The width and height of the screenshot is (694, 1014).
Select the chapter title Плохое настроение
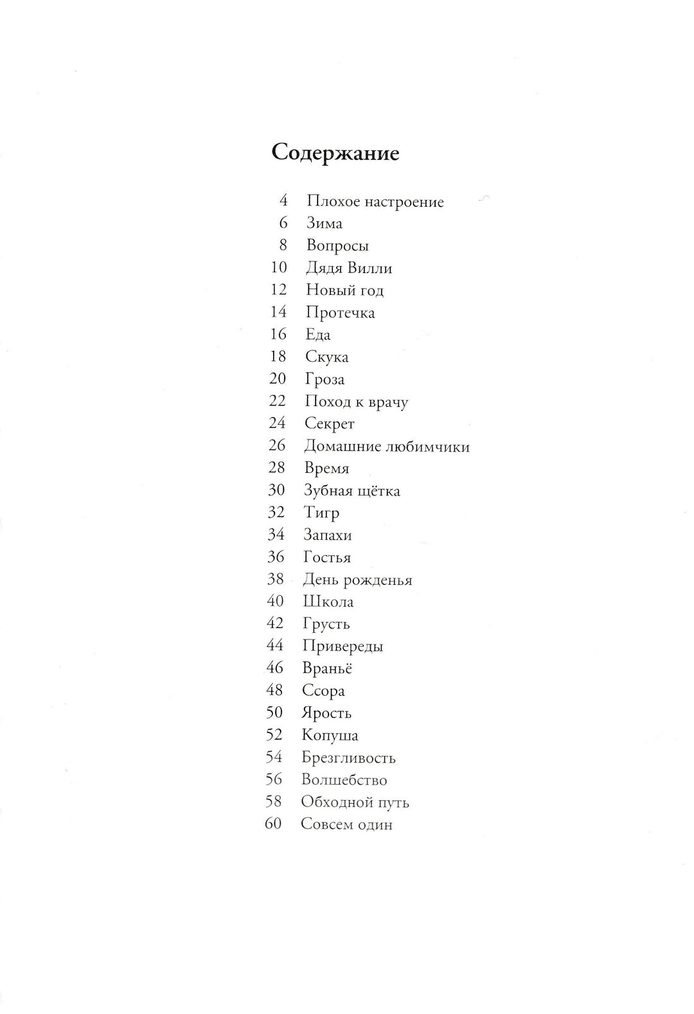click(x=375, y=202)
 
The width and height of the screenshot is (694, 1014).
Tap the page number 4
click(x=283, y=200)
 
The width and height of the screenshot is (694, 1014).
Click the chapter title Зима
click(x=325, y=224)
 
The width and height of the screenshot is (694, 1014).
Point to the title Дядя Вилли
click(x=349, y=268)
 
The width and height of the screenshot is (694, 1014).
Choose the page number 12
click(x=278, y=290)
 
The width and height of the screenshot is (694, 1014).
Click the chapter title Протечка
click(x=341, y=313)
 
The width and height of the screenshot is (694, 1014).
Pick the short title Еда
click(x=318, y=335)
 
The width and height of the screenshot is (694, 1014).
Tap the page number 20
click(x=278, y=379)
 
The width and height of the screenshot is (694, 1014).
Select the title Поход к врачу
click(x=357, y=402)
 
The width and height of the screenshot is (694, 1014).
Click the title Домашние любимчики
click(x=387, y=447)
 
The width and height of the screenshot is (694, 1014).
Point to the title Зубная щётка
click(x=352, y=491)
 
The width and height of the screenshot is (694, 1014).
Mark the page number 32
click(x=276, y=513)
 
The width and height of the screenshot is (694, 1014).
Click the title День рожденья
click(x=357, y=580)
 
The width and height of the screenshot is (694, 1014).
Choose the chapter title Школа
click(x=328, y=602)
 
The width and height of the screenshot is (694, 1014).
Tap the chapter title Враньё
click(x=327, y=668)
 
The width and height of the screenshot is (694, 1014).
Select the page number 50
click(x=274, y=713)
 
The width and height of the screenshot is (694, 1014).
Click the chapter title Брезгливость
click(x=348, y=758)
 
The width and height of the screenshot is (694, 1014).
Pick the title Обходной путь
click(x=355, y=803)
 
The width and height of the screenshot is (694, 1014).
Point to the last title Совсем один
click(x=346, y=824)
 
